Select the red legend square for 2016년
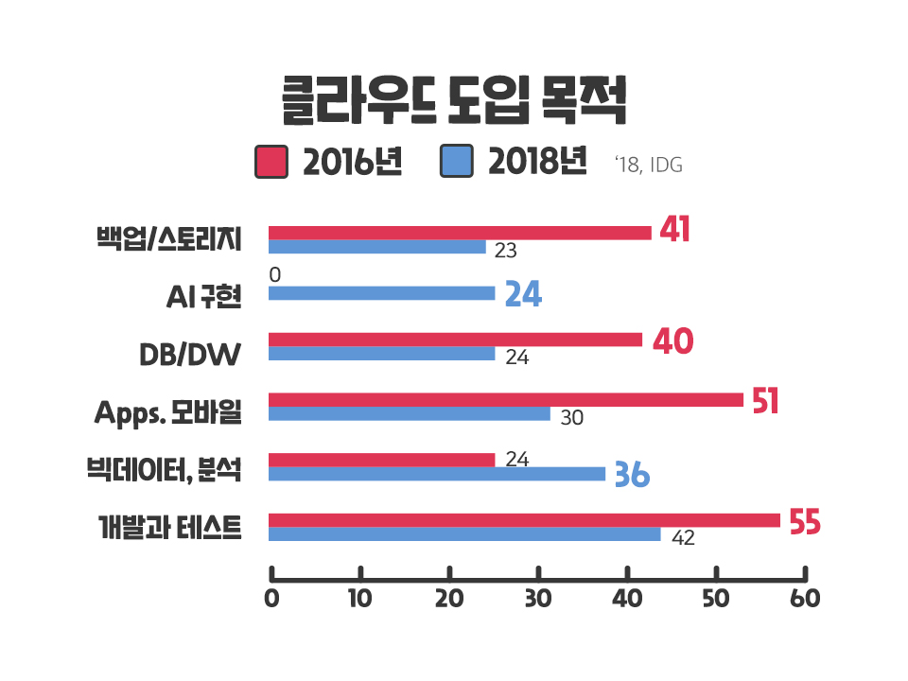pyautogui.click(x=271, y=162)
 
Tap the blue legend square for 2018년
pyautogui.click(x=456, y=162)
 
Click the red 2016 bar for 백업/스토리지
pyautogui.click(x=460, y=233)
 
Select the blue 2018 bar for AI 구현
pyautogui.click(x=381, y=293)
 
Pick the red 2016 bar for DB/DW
pyautogui.click(x=455, y=340)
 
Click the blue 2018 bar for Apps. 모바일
pyautogui.click(x=409, y=413)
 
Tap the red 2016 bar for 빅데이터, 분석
pyautogui.click(x=381, y=460)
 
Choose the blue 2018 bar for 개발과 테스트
pyautogui.click(x=464, y=534)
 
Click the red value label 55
pyautogui.click(x=804, y=523)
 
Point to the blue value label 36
pyautogui.click(x=632, y=475)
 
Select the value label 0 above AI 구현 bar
pyautogui.click(x=274, y=275)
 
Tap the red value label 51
pyautogui.click(x=765, y=401)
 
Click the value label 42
pyautogui.click(x=683, y=538)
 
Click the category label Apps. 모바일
pyautogui.click(x=168, y=412)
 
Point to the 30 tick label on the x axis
pyautogui.click(x=538, y=600)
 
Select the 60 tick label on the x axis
pyautogui.click(x=805, y=600)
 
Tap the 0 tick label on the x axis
pyautogui.click(x=271, y=600)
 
